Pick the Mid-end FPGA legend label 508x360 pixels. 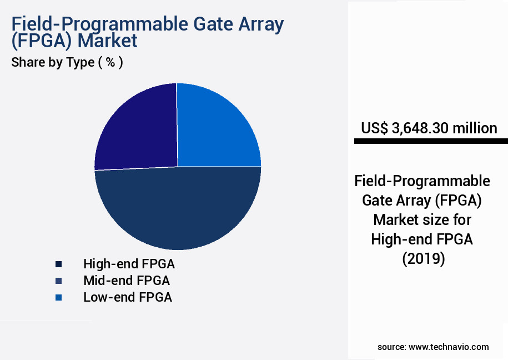[x=127, y=280]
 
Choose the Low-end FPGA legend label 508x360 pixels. [x=128, y=297]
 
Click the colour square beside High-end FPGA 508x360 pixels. [x=58, y=264]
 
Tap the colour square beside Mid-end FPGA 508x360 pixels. [x=58, y=281]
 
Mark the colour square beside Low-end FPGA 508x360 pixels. [x=58, y=298]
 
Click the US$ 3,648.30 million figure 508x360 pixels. [x=429, y=128]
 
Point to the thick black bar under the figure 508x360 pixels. [x=431, y=142]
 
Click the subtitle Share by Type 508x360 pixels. [x=53, y=62]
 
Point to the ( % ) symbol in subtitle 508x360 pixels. [x=110, y=62]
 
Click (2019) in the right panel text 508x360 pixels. [x=423, y=258]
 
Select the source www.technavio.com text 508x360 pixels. [x=433, y=347]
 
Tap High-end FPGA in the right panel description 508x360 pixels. [x=422, y=239]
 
